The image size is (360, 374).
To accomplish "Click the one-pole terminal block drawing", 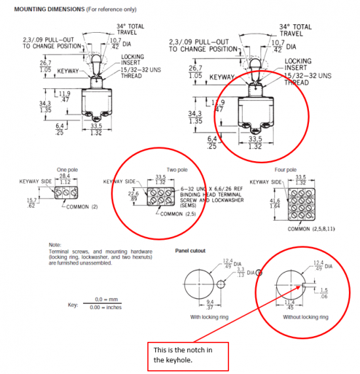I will pyautogui.click(x=66, y=195).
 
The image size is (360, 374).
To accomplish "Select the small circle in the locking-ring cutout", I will pyautogui.click(x=222, y=285).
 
